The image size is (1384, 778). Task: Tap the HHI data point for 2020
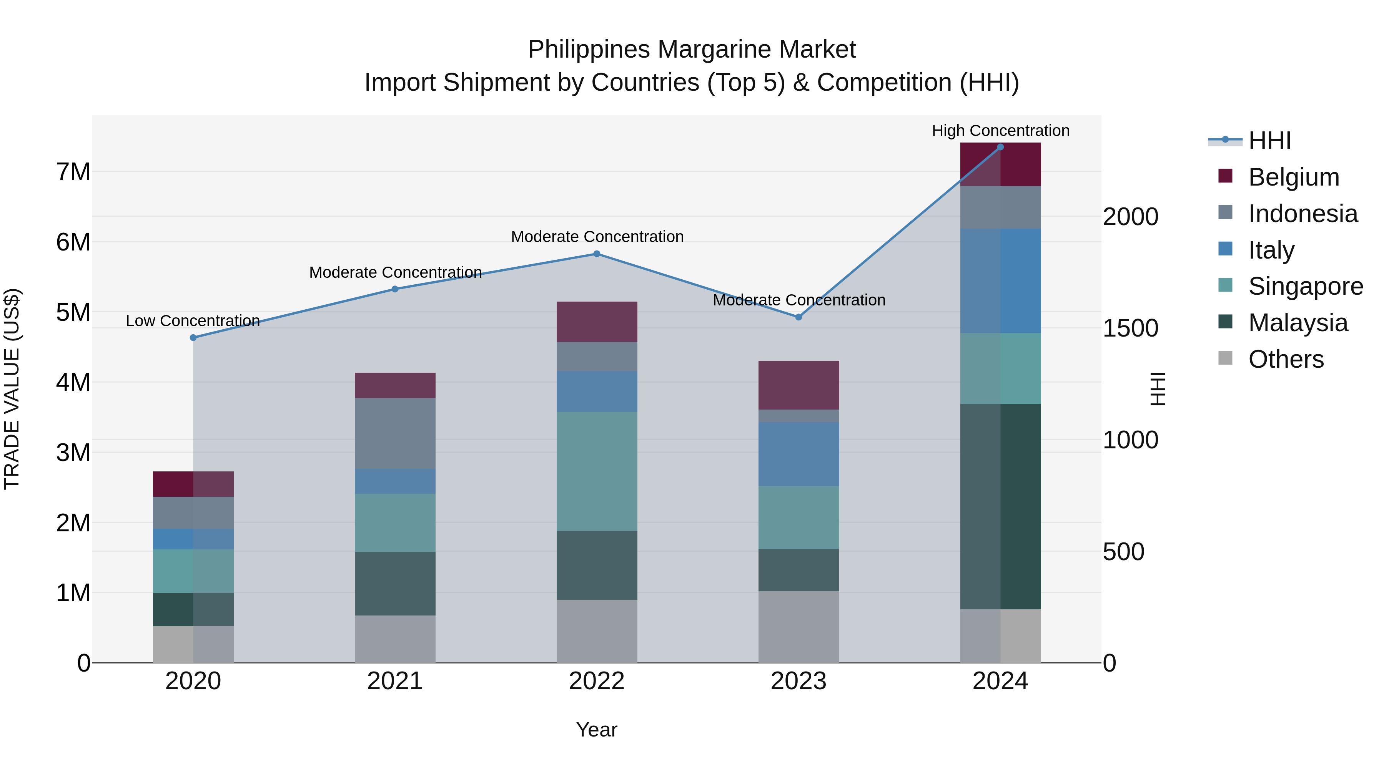(193, 338)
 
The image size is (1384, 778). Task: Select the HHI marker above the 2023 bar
(798, 317)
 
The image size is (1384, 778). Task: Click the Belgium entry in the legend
(1293, 177)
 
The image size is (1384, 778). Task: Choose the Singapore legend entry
(1305, 286)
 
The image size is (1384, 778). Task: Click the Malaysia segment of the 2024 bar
(1000, 506)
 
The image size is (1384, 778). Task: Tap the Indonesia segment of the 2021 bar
(395, 433)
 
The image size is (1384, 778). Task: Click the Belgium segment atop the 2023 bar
(798, 385)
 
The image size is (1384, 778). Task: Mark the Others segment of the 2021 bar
(395, 639)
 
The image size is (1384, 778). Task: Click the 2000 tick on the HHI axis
(1130, 217)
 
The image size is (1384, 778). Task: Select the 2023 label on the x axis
(798, 681)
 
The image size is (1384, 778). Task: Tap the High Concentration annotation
(1000, 131)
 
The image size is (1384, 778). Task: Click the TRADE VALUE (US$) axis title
(12, 389)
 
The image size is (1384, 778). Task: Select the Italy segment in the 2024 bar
(1000, 281)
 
